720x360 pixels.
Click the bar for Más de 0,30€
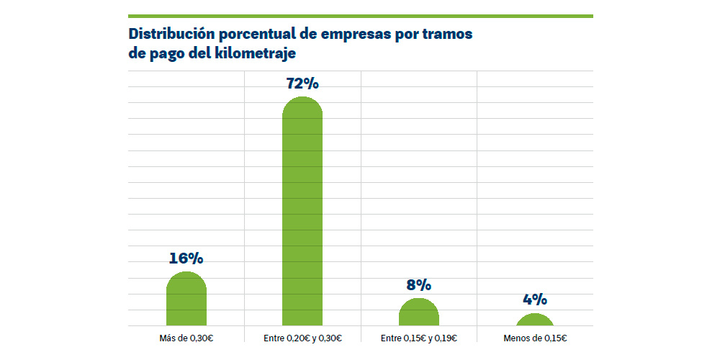pos(186,301)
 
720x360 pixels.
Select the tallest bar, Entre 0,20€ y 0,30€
pos(302,216)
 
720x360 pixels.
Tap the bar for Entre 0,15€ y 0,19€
pos(418,313)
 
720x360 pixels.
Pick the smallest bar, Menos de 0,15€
pos(535,321)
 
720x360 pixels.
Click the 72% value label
pos(302,84)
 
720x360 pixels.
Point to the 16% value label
pos(186,258)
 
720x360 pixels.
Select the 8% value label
pos(418,285)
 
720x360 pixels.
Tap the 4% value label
pos(535,300)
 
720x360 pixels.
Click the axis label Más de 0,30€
pos(186,338)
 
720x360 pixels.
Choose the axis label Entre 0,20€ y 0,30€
pos(302,338)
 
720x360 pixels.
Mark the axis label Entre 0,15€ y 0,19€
pos(418,338)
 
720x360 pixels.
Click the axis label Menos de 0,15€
pos(535,338)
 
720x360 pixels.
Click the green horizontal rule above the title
pos(360,16)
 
